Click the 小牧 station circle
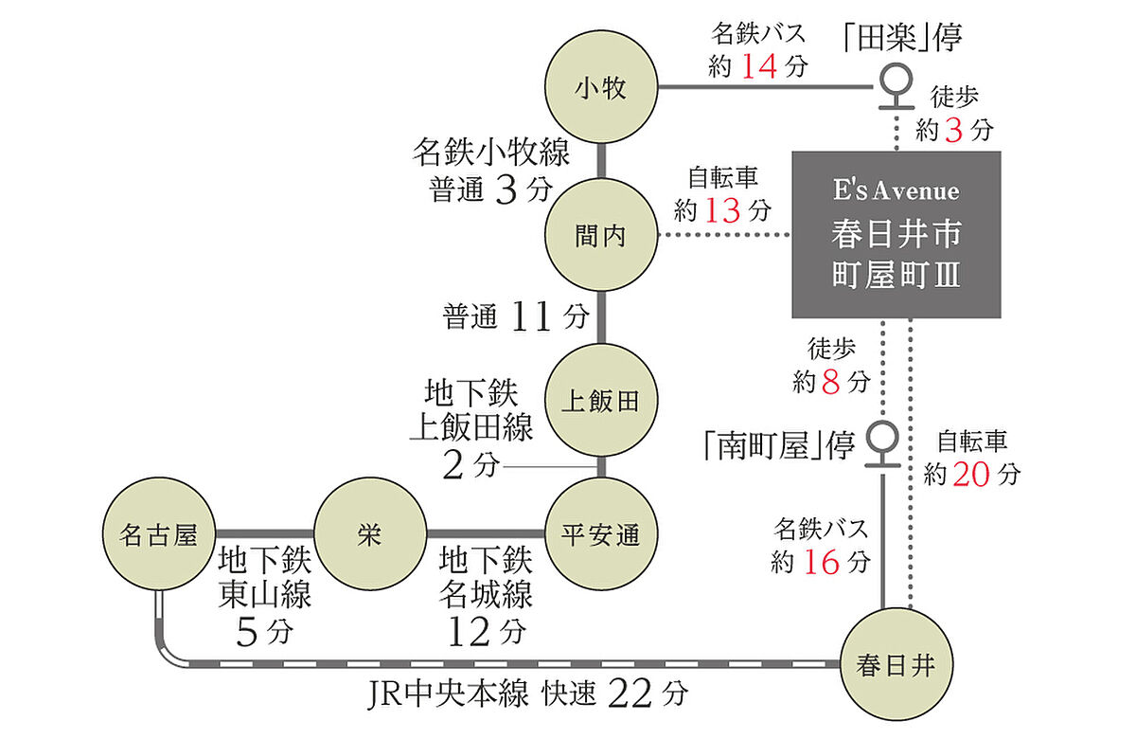click(x=601, y=89)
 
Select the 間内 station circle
click(x=601, y=236)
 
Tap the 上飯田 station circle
click(x=601, y=401)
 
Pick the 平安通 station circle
click(x=601, y=535)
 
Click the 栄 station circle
click(x=369, y=535)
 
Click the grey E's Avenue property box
click(x=896, y=235)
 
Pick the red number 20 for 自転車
click(x=972, y=474)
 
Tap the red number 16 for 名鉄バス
click(x=820, y=562)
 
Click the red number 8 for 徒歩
click(x=831, y=382)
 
